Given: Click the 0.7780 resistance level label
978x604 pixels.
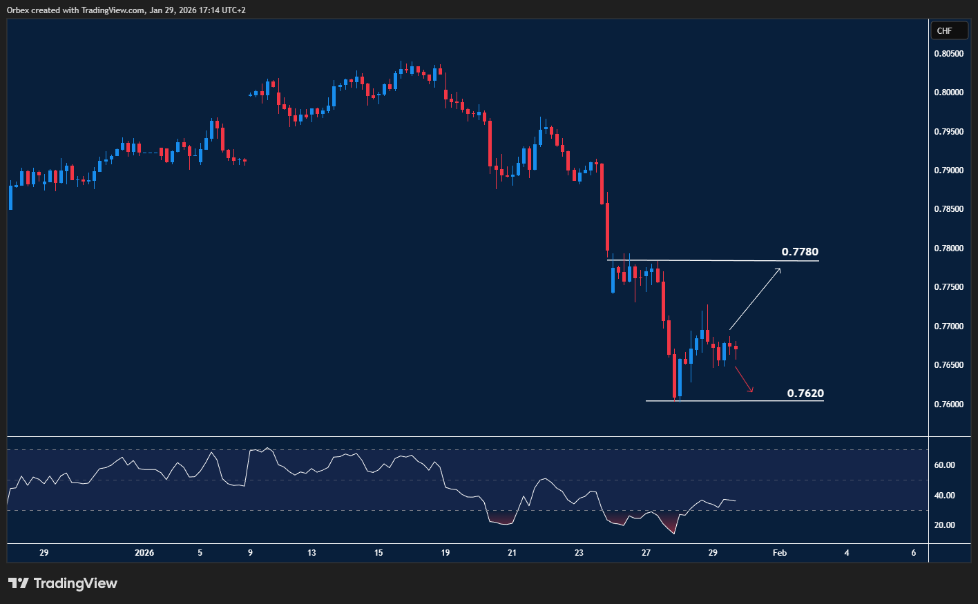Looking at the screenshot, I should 800,252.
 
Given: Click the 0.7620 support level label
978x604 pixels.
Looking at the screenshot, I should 805,393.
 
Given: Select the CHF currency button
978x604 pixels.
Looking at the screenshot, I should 944,31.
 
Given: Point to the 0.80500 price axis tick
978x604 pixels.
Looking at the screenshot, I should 948,54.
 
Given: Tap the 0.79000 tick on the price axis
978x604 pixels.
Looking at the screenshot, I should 948,171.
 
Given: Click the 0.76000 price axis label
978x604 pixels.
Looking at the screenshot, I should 948,405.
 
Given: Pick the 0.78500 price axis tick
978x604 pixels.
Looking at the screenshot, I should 948,209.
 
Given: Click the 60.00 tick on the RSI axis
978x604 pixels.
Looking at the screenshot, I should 944,465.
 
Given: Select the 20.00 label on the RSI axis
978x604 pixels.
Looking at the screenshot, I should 944,525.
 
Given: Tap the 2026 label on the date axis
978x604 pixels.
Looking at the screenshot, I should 144,553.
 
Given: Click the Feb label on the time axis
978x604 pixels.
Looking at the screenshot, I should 779,553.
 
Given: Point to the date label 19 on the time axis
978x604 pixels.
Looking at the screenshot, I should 445,553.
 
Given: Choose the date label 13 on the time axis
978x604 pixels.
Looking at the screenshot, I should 311,553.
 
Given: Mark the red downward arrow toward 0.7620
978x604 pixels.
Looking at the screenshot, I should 743,380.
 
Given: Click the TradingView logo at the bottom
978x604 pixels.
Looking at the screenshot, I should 63,583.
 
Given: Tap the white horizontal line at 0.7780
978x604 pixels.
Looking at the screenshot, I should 711,260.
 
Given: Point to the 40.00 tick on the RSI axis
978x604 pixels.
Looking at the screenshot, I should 944,496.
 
